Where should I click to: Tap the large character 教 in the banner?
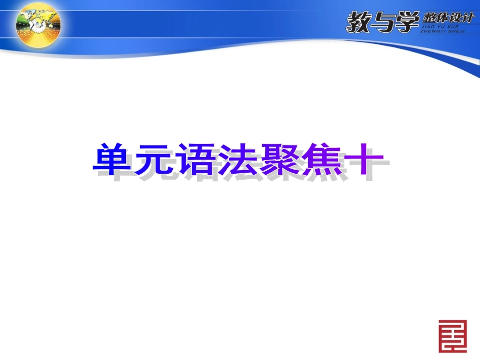[x=360, y=22]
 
